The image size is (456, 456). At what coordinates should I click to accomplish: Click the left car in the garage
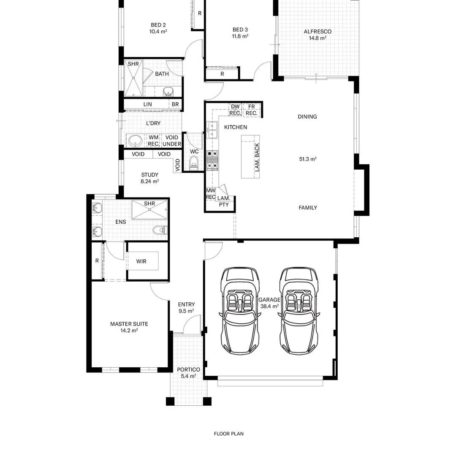pos(239,311)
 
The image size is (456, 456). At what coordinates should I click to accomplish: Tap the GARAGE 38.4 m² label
pos(269,303)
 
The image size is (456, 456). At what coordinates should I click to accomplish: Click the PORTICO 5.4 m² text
pos(188,372)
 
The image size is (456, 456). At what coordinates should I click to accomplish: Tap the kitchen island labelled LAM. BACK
pos(251,157)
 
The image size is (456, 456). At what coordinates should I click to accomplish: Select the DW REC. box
pos(235,110)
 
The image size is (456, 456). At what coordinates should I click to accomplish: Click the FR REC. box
pos(251,110)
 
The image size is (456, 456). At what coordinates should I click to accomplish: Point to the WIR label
pos(141,261)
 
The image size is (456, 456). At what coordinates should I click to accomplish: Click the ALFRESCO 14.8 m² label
pos(317,35)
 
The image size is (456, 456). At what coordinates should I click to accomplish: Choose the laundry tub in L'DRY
pos(136,140)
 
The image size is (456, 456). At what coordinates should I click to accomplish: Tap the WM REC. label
pos(154,141)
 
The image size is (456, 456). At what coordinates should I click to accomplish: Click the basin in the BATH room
pos(168,92)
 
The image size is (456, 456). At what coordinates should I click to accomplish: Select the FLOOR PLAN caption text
pos(228,434)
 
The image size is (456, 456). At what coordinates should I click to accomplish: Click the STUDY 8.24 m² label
pos(149,178)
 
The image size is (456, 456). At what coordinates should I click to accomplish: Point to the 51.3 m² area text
pos(308,159)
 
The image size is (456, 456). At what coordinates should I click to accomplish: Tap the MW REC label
pos(210,194)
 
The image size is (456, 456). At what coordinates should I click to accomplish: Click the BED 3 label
pos(240,33)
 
